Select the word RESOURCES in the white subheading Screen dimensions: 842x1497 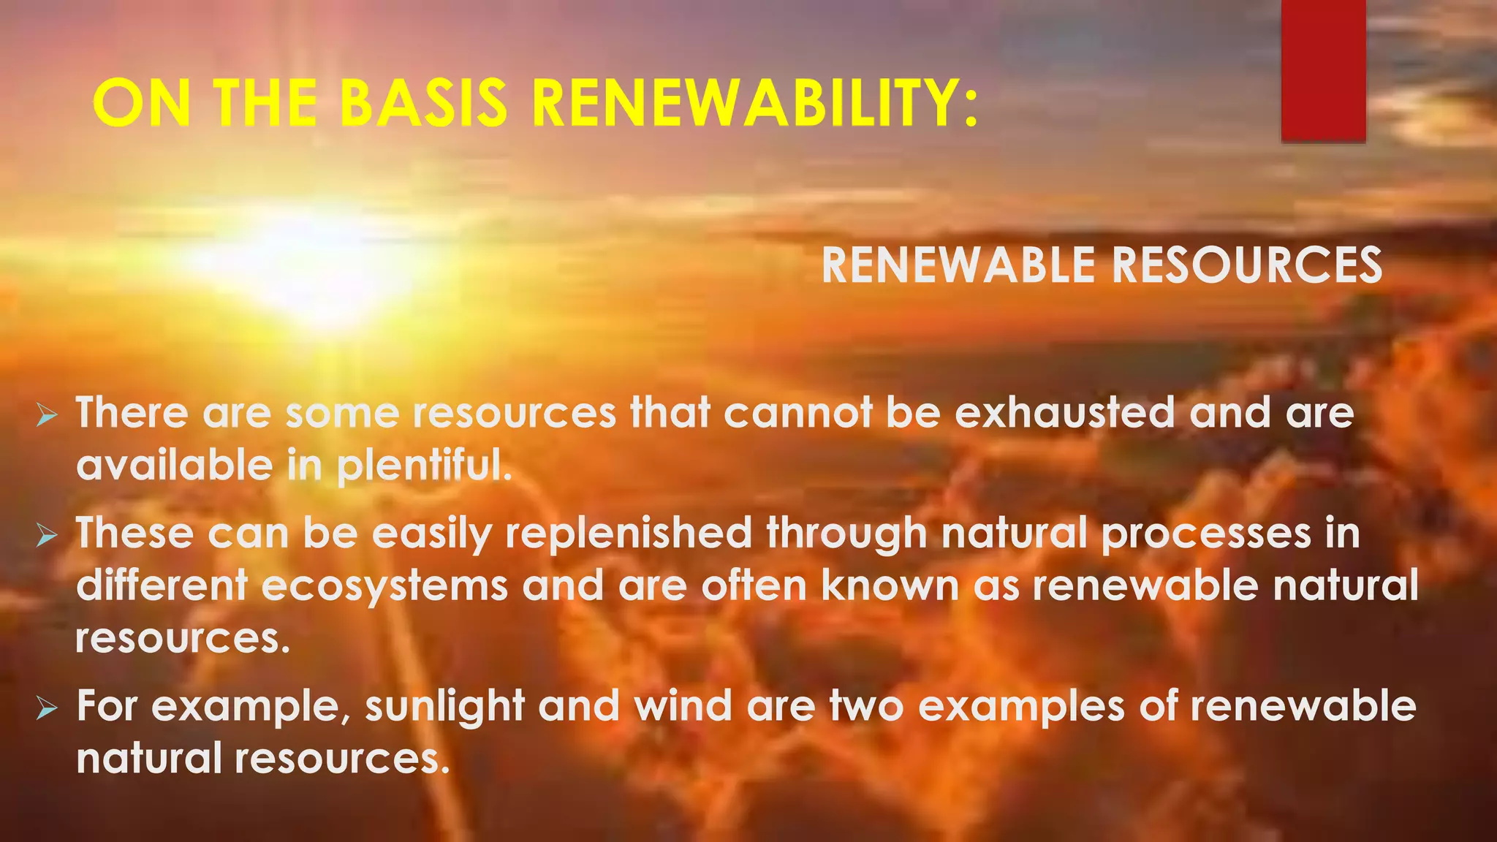(x=1247, y=265)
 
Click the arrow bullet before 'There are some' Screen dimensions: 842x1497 (x=48, y=417)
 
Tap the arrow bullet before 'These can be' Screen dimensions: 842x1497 (x=48, y=537)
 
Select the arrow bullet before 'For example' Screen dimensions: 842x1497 (x=48, y=708)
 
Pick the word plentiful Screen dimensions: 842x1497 (x=425, y=466)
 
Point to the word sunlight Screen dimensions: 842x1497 (x=444, y=708)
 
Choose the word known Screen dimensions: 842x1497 (x=890, y=586)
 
